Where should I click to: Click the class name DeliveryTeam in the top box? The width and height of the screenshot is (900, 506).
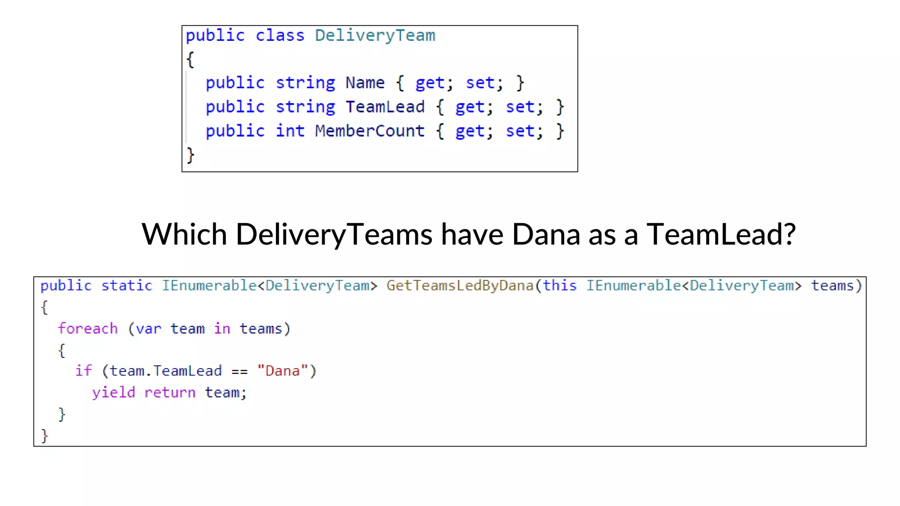coord(375,36)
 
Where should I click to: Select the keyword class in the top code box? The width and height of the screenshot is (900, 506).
coord(279,36)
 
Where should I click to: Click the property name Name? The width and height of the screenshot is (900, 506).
coord(365,83)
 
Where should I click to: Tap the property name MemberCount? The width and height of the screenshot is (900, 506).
coord(370,131)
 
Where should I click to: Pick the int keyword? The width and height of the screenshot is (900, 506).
coord(290,131)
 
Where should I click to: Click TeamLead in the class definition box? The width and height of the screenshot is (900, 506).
coord(385,107)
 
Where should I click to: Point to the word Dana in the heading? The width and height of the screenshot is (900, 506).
coord(546,234)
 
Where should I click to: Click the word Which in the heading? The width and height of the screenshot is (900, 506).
coord(184,234)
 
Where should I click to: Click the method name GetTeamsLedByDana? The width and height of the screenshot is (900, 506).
coord(460,286)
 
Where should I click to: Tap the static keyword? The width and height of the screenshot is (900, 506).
coord(127,286)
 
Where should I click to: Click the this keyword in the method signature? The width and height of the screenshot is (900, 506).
coord(559,286)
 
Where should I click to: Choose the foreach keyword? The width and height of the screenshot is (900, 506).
coord(88,329)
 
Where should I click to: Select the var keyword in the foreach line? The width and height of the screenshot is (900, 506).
coord(148,329)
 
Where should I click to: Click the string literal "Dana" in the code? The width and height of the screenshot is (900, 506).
coord(282,371)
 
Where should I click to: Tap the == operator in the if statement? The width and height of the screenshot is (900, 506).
coord(240,372)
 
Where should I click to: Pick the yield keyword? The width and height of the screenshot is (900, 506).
coord(113,392)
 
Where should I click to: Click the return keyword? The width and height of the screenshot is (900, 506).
coord(170,393)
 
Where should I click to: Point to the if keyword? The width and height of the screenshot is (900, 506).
coord(83,371)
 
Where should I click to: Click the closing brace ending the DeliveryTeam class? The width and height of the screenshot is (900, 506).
coord(190,155)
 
